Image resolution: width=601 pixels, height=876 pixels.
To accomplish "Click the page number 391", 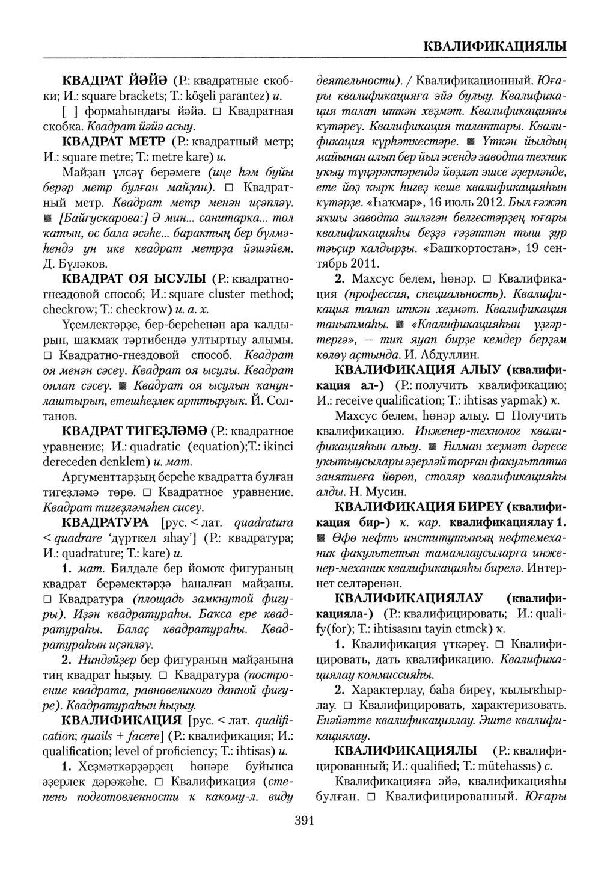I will [300, 821].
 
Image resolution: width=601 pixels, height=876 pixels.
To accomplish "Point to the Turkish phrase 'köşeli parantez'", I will [219, 96].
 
